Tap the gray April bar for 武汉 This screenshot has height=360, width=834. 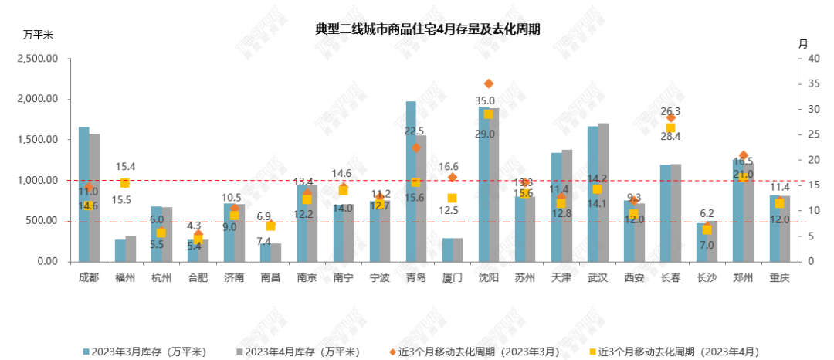coord(603,192)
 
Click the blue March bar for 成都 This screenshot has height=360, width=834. coord(84,194)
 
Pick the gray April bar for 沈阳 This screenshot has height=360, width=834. coord(494,185)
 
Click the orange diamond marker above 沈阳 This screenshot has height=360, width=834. coord(488,83)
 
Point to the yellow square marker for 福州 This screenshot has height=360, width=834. coord(124,183)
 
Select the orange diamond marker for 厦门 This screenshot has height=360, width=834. coord(453,177)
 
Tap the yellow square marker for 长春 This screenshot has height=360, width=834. coord(670,128)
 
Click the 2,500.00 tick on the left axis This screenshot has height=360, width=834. coord(38,59)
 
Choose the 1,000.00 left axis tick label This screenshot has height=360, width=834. coord(38,180)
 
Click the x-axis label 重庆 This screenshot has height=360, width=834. coord(779,278)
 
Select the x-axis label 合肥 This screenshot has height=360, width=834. coord(198,278)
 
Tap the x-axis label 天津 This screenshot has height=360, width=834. coord(561,278)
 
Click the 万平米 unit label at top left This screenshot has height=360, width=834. coord(38,36)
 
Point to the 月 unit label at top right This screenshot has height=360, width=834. coord(803,44)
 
